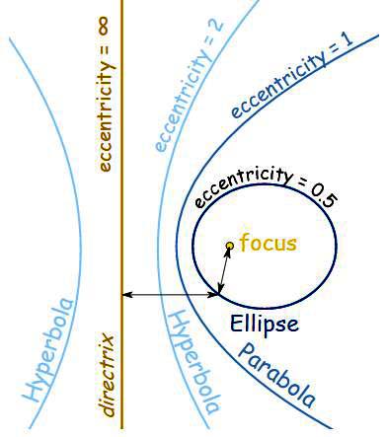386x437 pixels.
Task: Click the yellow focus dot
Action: click(x=229, y=245)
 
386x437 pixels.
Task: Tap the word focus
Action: click(x=268, y=243)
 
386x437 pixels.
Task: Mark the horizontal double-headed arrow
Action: click(x=170, y=294)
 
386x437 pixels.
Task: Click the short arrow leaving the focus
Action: click(x=225, y=268)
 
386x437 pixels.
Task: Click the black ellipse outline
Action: click(x=335, y=247)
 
